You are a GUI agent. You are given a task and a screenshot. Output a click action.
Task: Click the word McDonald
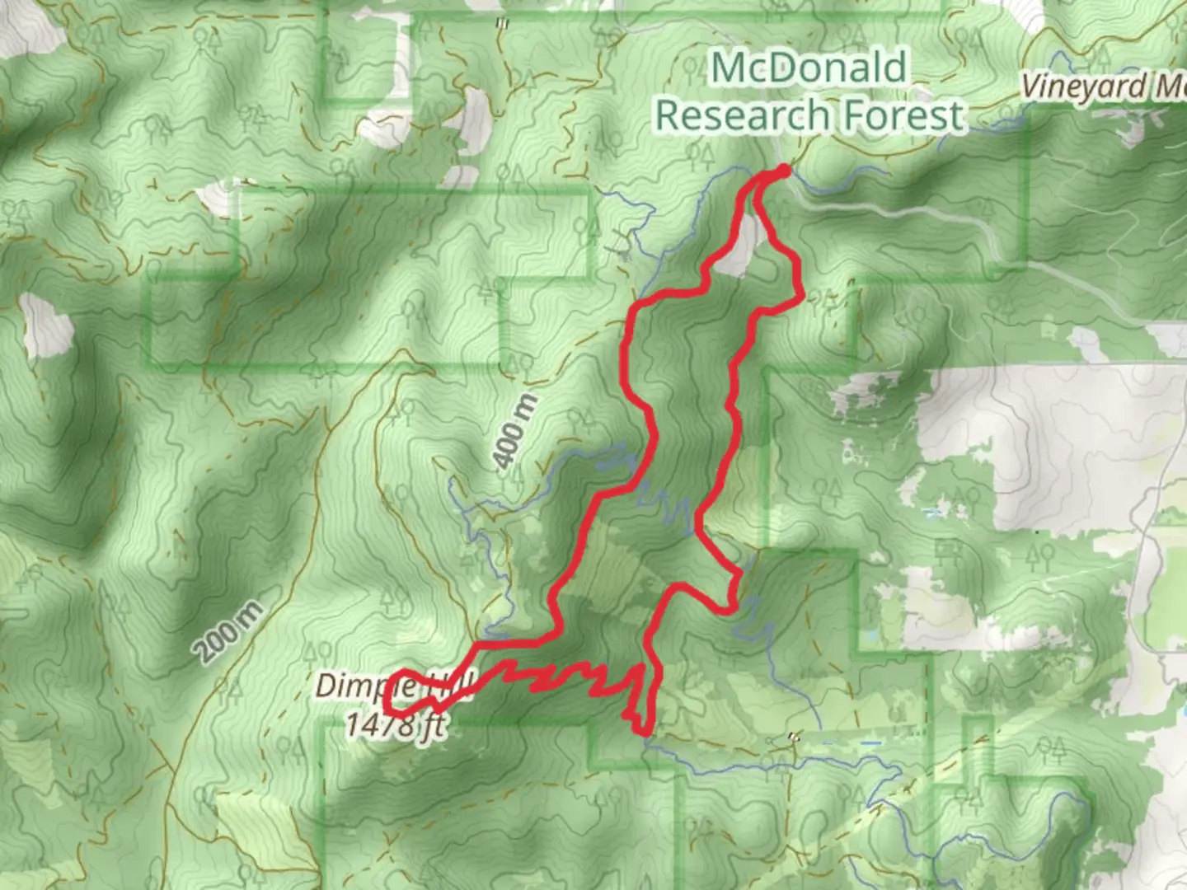pos(809,68)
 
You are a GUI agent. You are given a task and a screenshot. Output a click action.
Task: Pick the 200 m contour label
pos(230,633)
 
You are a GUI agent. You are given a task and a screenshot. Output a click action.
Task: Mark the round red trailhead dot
pos(783,171)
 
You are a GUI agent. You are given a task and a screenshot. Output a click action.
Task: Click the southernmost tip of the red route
pos(642,731)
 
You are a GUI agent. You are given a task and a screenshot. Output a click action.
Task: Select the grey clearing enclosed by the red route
pos(739,247)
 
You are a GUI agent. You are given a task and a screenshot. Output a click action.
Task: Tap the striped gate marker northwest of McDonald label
pos(501,23)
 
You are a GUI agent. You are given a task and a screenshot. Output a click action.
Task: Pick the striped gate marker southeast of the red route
pos(793,736)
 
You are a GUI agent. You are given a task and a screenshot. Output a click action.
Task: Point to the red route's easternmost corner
pos(803,295)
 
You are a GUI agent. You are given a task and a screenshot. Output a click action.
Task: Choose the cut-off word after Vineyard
pos(1171,86)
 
